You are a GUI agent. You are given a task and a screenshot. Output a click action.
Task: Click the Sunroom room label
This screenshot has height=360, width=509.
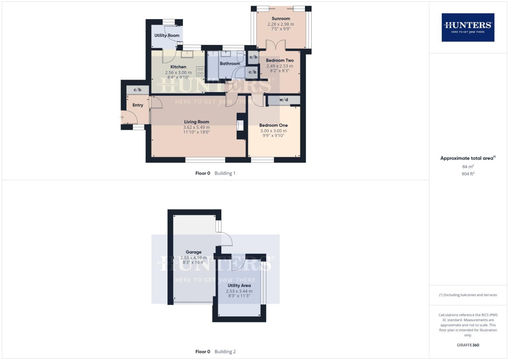(281, 19)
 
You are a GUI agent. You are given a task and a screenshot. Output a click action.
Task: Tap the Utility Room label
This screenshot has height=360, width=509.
(167, 35)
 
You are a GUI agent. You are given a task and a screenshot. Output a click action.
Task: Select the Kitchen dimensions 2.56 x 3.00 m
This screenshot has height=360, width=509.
(178, 72)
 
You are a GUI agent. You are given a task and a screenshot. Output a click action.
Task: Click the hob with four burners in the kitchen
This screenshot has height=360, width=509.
(200, 71)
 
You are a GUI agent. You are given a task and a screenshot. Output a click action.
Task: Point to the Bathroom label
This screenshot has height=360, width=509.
(230, 64)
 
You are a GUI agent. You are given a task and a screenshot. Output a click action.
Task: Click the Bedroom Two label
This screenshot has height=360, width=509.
(280, 60)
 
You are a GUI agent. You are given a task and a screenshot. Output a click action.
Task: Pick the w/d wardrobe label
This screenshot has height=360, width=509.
(284, 100)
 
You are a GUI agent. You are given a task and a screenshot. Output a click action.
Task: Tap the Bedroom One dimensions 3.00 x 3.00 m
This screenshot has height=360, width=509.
(273, 131)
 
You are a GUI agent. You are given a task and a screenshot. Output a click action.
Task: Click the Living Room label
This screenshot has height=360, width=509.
(197, 122)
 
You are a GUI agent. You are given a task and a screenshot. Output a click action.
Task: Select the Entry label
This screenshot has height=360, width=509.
(138, 105)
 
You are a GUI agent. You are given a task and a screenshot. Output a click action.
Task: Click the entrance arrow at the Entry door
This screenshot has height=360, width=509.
(122, 117)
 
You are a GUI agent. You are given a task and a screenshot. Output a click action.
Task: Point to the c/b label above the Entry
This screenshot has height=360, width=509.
(137, 90)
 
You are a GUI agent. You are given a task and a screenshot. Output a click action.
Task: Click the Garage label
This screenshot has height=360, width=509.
(194, 252)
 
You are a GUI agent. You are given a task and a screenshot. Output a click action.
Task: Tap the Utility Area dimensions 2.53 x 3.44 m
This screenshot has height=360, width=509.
(239, 291)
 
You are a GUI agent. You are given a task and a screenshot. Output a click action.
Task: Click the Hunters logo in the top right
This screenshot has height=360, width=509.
(468, 27)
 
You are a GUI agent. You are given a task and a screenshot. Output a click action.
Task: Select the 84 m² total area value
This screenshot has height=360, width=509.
(468, 167)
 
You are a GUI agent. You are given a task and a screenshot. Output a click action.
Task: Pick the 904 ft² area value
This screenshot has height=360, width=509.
(468, 174)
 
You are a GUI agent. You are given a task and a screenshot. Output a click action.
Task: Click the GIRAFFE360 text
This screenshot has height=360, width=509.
(468, 345)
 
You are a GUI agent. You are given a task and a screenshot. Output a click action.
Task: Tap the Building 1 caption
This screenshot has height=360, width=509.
(225, 173)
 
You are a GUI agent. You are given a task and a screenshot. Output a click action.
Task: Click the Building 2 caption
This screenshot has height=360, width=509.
(225, 352)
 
